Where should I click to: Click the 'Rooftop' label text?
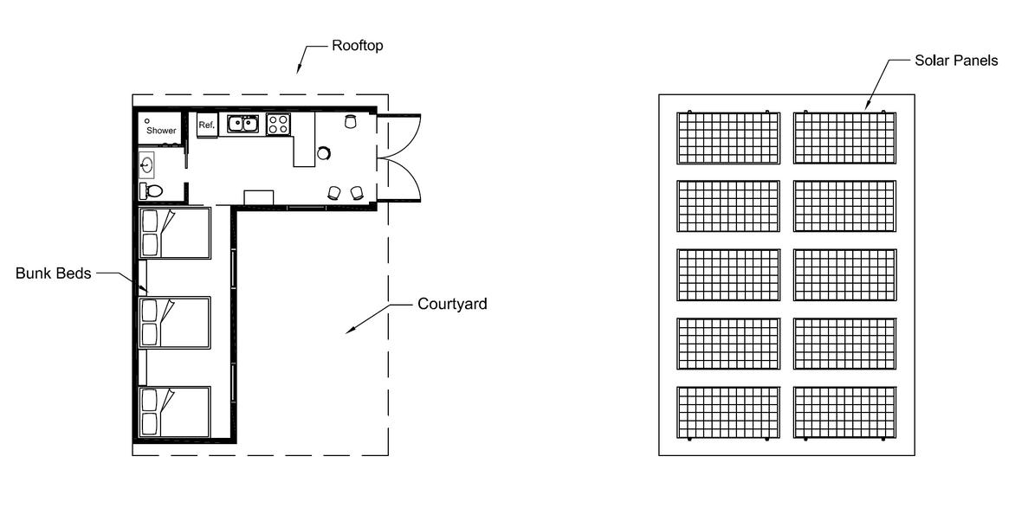click(x=357, y=45)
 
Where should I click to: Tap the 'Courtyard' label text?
click(x=452, y=305)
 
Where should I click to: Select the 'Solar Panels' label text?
click(x=956, y=61)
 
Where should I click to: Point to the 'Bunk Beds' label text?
click(x=54, y=273)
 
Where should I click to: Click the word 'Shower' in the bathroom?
click(x=161, y=131)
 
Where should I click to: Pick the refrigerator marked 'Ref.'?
click(x=206, y=125)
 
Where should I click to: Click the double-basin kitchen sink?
click(x=243, y=124)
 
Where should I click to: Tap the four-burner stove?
click(x=277, y=124)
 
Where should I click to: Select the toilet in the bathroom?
click(x=152, y=190)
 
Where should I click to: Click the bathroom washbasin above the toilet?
click(x=147, y=164)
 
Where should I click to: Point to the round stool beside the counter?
click(x=323, y=153)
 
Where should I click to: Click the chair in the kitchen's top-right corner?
click(x=350, y=122)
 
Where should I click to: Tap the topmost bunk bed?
click(x=175, y=233)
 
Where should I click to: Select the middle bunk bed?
click(x=175, y=323)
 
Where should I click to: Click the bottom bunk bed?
click(x=175, y=412)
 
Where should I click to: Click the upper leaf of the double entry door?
click(x=400, y=137)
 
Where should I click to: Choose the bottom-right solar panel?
click(x=844, y=411)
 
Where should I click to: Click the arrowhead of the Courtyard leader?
click(x=349, y=330)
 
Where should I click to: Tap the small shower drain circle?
click(x=147, y=121)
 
